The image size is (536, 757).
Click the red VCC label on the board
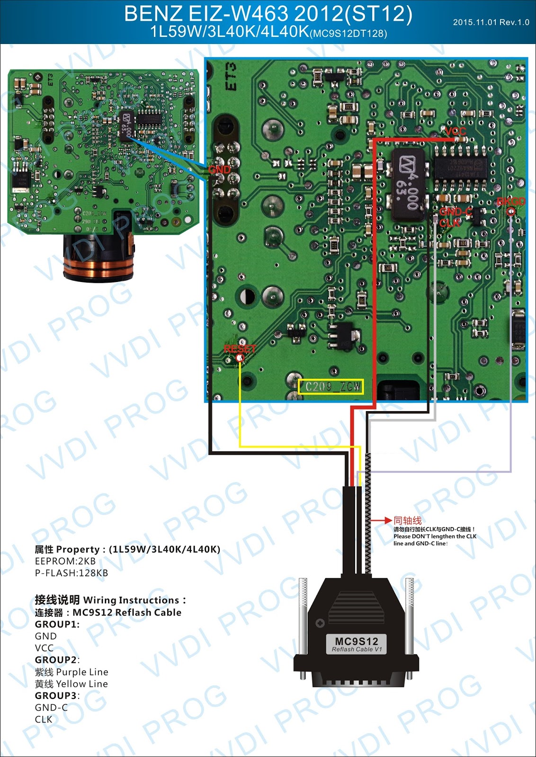click(456, 131)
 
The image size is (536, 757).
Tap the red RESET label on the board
click(240, 349)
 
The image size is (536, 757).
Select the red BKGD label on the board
click(511, 202)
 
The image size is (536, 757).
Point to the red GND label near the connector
click(219, 169)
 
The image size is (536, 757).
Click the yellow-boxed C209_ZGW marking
click(331, 387)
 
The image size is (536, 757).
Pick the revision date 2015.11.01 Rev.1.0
click(491, 22)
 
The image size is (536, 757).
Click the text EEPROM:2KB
click(65, 561)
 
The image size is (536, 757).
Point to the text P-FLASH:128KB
click(71, 573)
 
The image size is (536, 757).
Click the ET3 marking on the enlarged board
click(231, 77)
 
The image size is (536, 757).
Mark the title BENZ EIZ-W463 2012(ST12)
click(268, 14)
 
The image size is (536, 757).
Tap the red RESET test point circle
click(240, 358)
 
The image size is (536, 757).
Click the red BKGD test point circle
click(511, 211)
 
